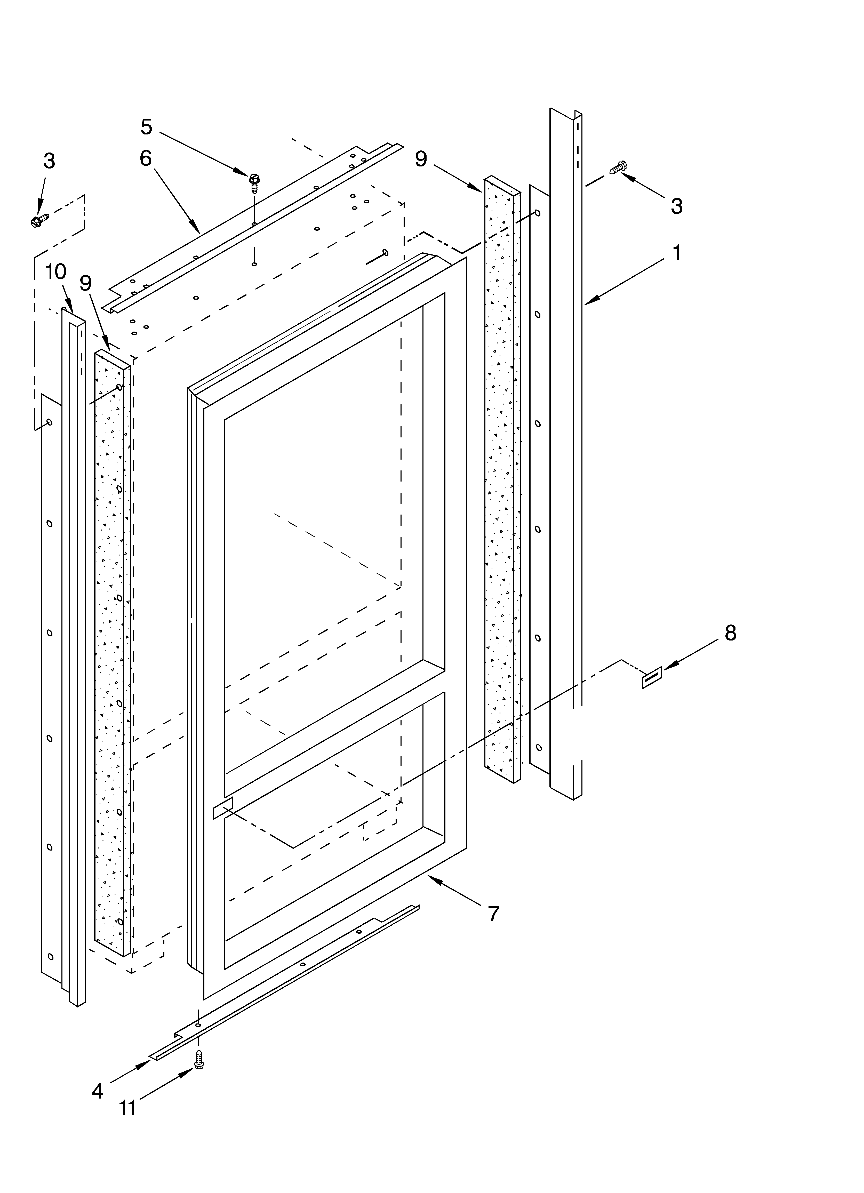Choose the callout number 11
127,1108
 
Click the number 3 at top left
49,161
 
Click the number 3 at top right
677,206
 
